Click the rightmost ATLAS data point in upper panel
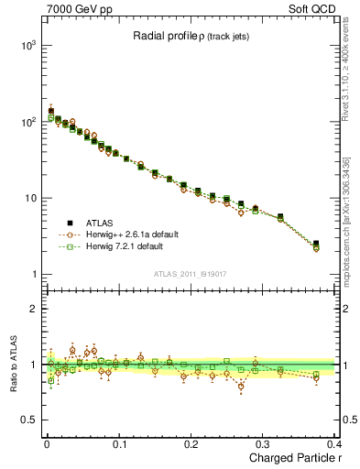tap(316, 244)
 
